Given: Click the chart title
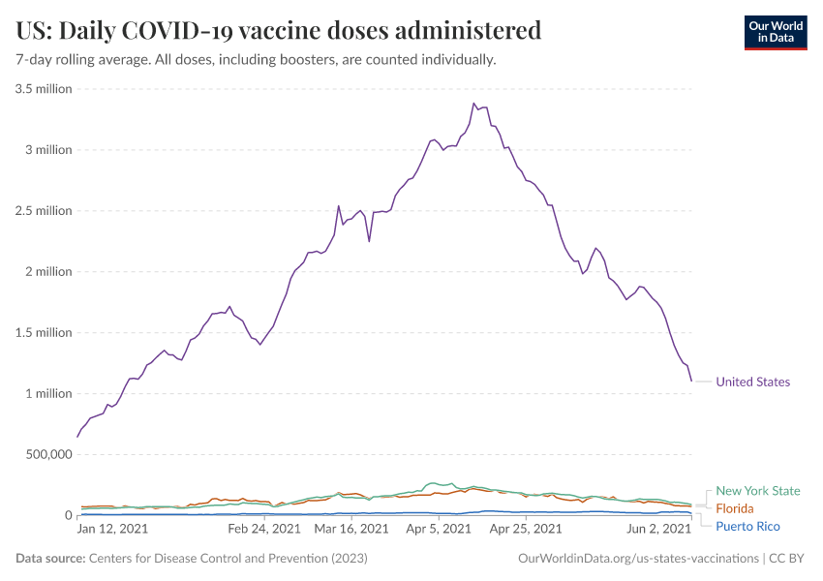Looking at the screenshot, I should pos(279,30).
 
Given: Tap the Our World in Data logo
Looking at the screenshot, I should pos(775,32).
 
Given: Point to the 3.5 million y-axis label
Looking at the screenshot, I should pos(44,89).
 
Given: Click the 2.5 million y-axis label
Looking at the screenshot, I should pos(44,211).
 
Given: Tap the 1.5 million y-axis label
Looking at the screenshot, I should pos(44,333).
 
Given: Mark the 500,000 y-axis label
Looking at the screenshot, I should pos(41,454).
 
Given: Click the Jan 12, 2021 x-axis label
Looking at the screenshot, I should pos(112,529).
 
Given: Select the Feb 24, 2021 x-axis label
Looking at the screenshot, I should pos(264,529).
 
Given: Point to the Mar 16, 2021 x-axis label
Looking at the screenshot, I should pos(351,529).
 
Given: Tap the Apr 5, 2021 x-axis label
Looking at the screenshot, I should pos(440,529).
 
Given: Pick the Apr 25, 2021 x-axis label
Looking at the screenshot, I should pos(525,529).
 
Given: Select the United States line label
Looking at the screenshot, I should pos(752,382).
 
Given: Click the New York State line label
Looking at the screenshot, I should pos(757,491).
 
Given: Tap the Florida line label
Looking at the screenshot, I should pos(734,508).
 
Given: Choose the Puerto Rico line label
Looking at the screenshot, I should pos(747,526).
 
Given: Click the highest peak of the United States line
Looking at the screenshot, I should pos(473,104).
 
